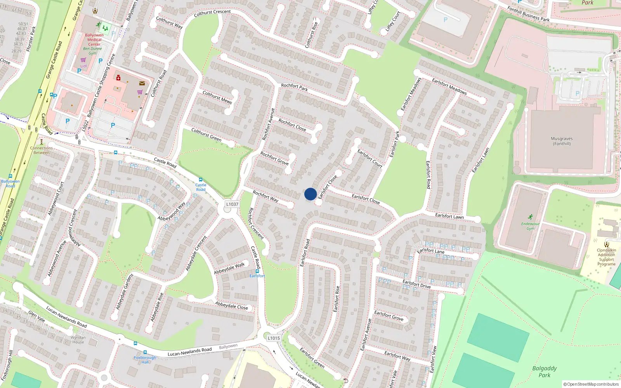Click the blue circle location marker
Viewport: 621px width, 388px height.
[x=310, y=194]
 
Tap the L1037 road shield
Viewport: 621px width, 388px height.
[x=232, y=204]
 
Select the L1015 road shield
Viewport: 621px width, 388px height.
[x=274, y=338]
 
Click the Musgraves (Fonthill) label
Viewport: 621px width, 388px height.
[x=562, y=141]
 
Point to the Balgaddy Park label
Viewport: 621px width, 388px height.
[x=544, y=371]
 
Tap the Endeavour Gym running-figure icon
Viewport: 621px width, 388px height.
[x=530, y=217]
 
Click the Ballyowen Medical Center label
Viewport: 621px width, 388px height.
[x=94, y=40]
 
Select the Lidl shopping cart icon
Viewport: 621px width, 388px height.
[x=83, y=60]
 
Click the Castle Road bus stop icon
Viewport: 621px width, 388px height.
[x=201, y=180]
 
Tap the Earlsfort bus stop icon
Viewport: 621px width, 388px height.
[x=257, y=271]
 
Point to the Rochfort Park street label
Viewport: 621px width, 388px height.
[x=294, y=88]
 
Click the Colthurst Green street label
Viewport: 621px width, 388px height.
[x=206, y=135]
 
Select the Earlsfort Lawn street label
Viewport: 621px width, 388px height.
[x=449, y=216]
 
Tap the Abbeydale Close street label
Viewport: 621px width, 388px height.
[x=231, y=306]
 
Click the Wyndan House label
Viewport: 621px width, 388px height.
[x=78, y=340]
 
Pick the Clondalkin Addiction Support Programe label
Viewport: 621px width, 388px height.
[x=606, y=257]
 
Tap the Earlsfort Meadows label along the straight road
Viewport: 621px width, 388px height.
[x=449, y=86]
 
